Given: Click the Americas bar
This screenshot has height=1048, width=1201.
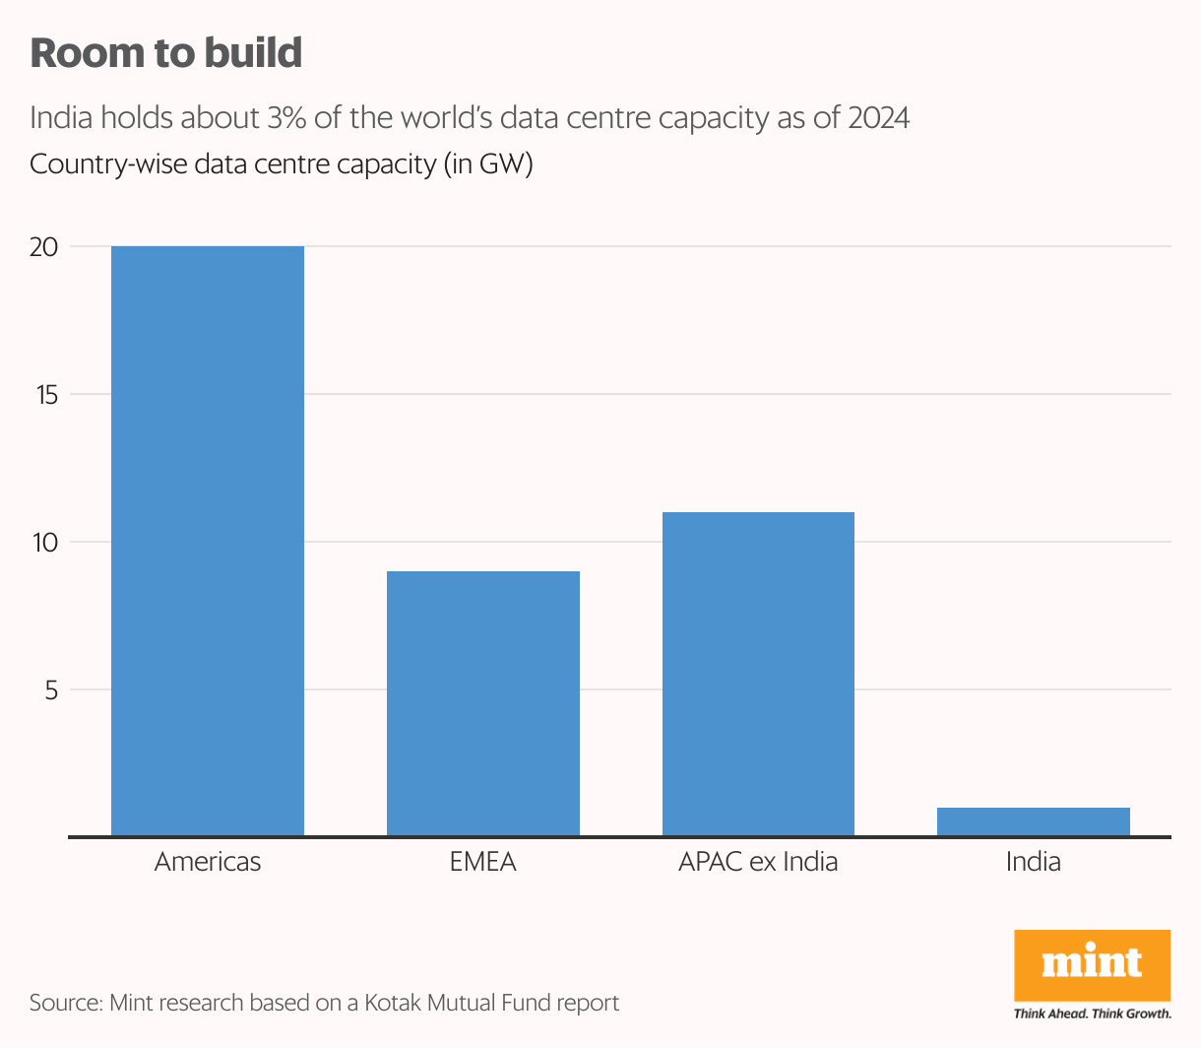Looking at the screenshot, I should click(208, 541).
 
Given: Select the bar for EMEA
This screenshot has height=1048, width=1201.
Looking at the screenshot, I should click(483, 703).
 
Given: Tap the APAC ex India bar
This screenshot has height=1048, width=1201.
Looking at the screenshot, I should click(758, 674).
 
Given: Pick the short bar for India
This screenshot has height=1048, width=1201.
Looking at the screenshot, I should click(1034, 821).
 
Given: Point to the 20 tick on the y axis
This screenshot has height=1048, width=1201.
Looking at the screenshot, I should click(44, 247).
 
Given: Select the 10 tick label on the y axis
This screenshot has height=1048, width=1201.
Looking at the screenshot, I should click(44, 543).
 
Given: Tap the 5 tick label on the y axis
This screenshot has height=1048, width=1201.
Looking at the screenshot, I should click(51, 690).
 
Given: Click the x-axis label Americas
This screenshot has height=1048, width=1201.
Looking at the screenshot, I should click(208, 862).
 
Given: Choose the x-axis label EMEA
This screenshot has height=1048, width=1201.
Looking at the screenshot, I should click(483, 862).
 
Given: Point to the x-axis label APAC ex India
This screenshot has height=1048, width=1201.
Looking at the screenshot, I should click(758, 862).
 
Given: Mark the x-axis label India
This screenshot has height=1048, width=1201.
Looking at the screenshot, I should click(1034, 862).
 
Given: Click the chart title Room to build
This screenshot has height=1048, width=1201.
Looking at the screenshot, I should click(166, 53).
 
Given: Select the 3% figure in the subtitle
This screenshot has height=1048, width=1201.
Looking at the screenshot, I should click(286, 118).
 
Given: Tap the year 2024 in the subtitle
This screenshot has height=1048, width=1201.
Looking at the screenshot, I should click(878, 118).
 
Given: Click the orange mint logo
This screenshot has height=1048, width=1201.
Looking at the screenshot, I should click(1092, 964).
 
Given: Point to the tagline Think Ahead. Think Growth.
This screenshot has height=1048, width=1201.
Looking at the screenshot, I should click(1092, 1013).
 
